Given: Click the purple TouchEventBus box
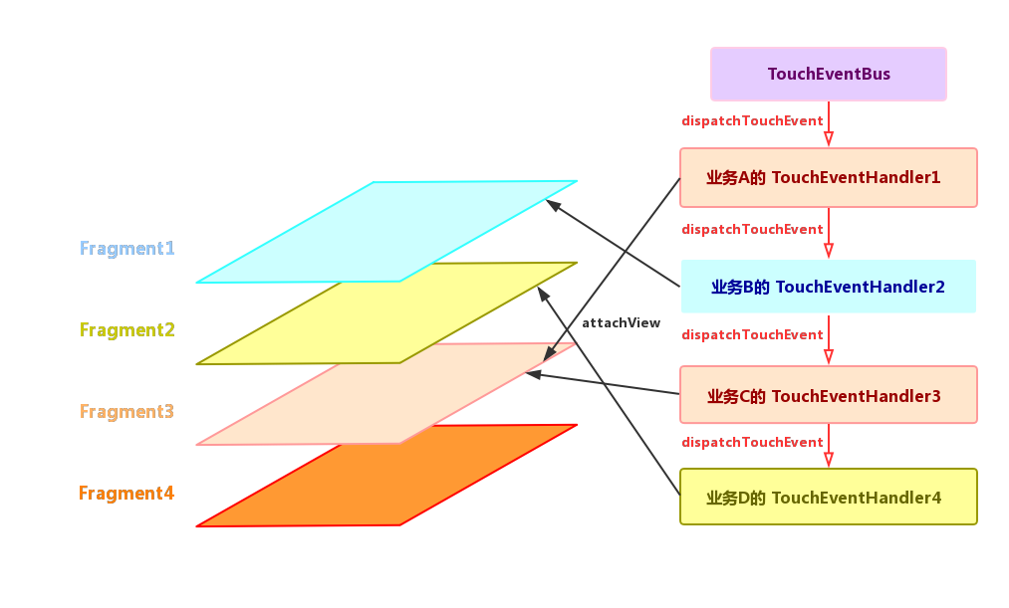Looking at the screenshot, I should pos(828,74).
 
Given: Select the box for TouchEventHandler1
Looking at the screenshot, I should pos(828,177).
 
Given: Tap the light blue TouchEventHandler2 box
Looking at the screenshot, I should pos(828,287).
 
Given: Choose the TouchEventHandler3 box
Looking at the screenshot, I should pos(828,395).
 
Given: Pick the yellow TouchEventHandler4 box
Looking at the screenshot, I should pos(828,497).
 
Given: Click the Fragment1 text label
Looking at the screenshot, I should pos(126,248).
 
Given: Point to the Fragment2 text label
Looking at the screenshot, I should pos(126,329).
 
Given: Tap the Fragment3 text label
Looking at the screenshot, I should pos(126,411).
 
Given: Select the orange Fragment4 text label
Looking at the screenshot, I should pos(126,493).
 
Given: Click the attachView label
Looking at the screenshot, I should pos(621,323).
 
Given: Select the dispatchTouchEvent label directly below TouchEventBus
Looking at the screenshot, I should pos(751,120).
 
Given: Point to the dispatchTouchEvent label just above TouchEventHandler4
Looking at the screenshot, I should pos(751,442).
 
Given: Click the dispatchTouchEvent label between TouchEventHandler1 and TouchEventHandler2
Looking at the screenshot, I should pos(751,229).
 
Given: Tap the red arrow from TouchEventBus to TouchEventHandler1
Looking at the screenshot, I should pos(829,124).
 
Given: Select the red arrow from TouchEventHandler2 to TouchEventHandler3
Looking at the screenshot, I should pos(829,340).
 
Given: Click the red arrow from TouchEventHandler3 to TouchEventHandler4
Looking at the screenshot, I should pos(829,447).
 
